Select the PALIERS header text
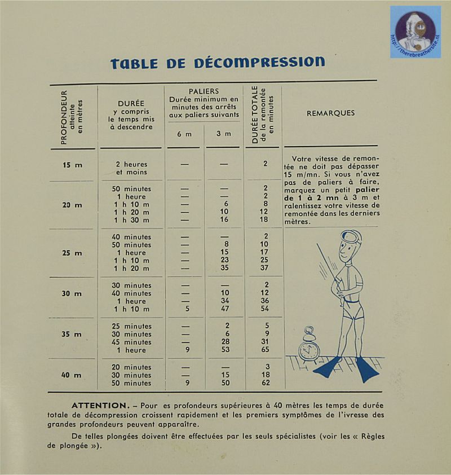pyautogui.click(x=204, y=91)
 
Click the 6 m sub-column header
pyautogui.click(x=184, y=134)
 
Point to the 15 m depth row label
pyautogui.click(x=72, y=165)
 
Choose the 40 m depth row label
pyautogui.click(x=72, y=375)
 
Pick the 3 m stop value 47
pyautogui.click(x=225, y=309)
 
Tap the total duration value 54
pyautogui.click(x=264, y=309)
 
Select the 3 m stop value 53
pyautogui.click(x=225, y=350)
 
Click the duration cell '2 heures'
pyautogui.click(x=131, y=164)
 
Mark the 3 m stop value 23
pyautogui.click(x=225, y=261)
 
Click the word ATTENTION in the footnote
pyautogui.click(x=100, y=406)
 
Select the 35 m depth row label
pyautogui.click(x=72, y=335)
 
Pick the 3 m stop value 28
pyautogui.click(x=225, y=342)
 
